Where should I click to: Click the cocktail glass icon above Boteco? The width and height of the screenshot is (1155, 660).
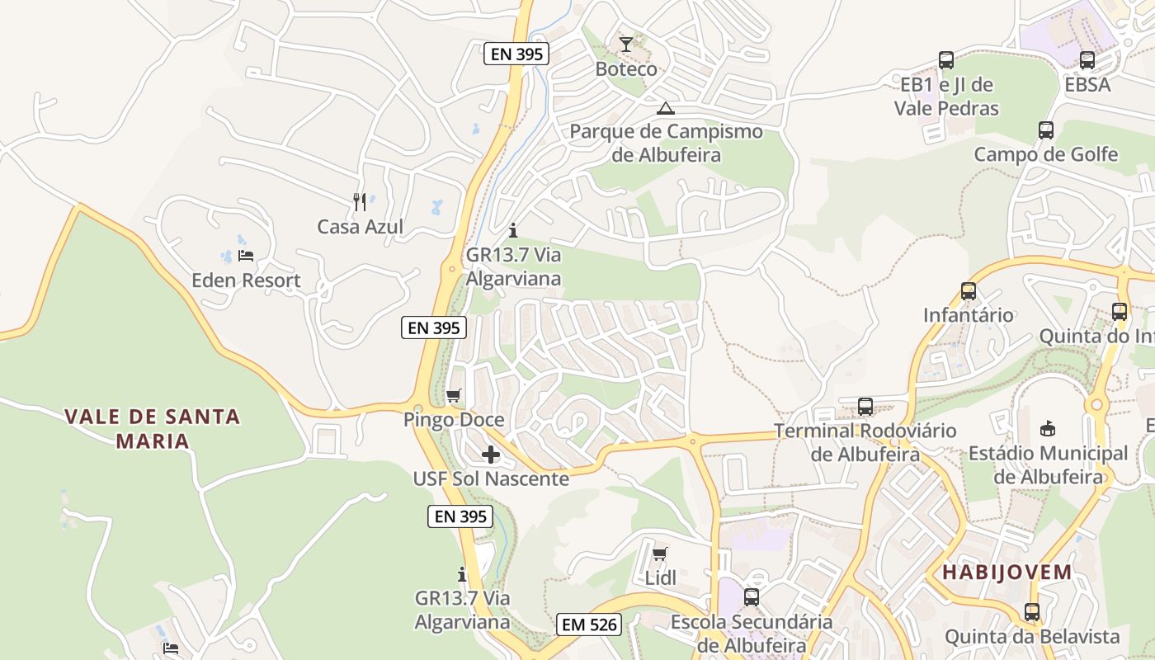(626, 44)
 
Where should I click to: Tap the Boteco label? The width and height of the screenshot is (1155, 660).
(626, 68)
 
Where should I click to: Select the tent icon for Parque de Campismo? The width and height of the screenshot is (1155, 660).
(665, 108)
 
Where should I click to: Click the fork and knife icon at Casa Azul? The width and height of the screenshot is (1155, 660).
(360, 202)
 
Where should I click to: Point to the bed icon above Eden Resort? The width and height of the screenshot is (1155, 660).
(245, 256)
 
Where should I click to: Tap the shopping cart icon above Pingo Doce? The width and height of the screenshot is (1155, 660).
(453, 396)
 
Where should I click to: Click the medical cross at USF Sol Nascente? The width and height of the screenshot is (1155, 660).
(491, 455)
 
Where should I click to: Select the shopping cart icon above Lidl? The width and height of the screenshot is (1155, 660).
(659, 554)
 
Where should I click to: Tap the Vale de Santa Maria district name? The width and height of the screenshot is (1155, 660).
(153, 428)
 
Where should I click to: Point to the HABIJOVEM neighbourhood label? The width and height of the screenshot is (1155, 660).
(1007, 572)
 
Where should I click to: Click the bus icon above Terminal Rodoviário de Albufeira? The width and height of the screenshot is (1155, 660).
(865, 406)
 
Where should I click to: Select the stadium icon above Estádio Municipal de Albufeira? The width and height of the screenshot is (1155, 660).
(1048, 428)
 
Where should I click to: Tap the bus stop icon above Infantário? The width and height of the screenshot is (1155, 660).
(969, 290)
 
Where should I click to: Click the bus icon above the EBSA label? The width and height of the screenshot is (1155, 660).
(1087, 60)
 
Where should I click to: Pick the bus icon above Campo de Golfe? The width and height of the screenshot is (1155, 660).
(1046, 130)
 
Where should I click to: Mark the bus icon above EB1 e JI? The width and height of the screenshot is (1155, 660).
(946, 60)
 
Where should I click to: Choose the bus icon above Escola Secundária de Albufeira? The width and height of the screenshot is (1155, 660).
(752, 596)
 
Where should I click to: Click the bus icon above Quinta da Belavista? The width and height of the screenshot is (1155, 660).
(1032, 612)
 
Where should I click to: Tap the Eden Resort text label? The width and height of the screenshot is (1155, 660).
(246, 280)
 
